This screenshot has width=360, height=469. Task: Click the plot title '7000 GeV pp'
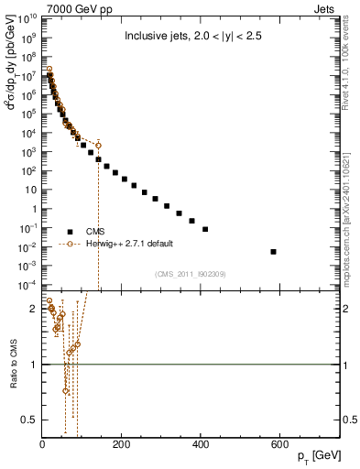click(68, 7)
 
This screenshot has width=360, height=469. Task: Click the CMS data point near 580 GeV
click(274, 251)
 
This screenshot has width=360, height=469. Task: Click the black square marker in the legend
click(69, 232)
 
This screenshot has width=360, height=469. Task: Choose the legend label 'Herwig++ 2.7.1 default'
click(130, 245)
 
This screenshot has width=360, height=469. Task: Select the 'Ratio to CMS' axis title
click(10, 365)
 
